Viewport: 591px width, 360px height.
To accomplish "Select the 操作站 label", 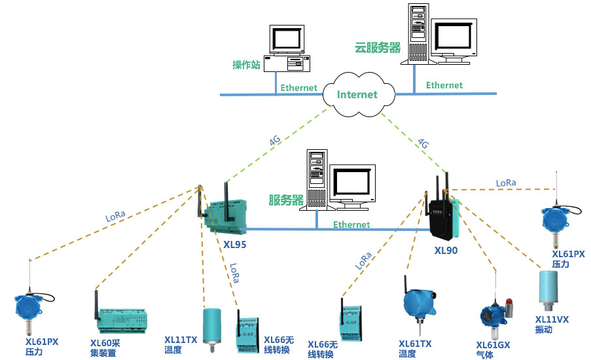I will coord(246,65).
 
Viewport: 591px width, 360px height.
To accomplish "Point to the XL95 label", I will coord(234,245).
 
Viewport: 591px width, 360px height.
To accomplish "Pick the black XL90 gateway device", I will coord(442,216).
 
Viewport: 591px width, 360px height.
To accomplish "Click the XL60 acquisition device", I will coord(121,317).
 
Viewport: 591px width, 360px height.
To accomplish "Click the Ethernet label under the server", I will coord(351,225).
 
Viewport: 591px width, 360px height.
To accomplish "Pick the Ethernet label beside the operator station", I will coord(298,88).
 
